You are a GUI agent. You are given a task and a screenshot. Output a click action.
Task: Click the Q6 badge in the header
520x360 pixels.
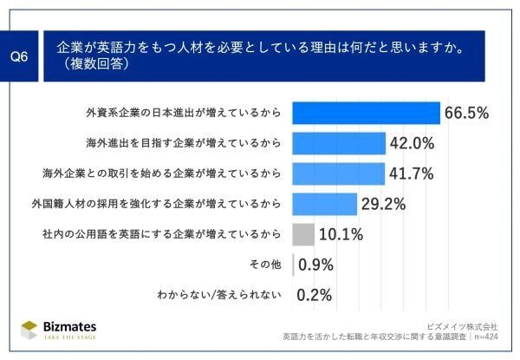[x=20, y=56]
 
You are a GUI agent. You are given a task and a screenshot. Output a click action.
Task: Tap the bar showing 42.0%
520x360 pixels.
[x=339, y=143]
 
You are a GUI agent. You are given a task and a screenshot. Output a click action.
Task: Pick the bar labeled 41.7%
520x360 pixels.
[x=338, y=173]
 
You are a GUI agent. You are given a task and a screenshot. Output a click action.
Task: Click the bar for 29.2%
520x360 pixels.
[x=325, y=204]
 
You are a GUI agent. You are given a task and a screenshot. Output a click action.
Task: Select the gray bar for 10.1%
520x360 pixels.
[x=303, y=234]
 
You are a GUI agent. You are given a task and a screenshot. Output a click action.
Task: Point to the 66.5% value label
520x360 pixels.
[x=467, y=114]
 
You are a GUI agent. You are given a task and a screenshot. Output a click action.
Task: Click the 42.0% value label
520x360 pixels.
[x=412, y=143]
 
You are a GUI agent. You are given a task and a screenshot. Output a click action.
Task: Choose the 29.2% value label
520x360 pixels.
[x=384, y=204]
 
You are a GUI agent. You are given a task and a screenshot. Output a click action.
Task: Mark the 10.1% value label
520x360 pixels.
[x=341, y=234]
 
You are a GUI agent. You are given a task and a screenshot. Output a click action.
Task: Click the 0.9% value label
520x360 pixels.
[x=315, y=265]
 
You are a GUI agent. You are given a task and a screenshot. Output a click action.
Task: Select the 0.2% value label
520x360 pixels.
[x=315, y=295]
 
